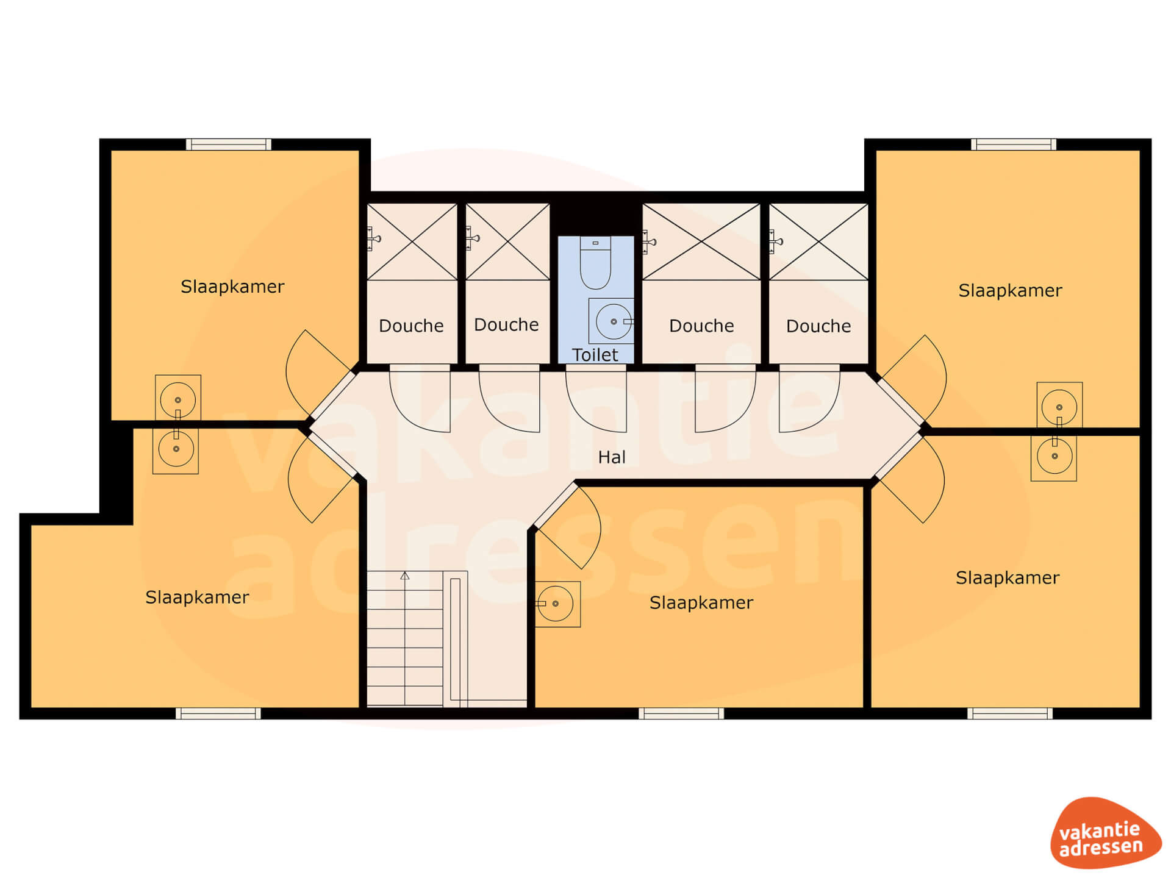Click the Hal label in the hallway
coord(612,457)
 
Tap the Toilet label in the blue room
coord(595,355)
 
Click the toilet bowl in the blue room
coord(595,263)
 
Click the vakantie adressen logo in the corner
coord(1106,833)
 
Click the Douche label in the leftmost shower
coord(411,326)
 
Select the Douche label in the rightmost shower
coord(818,326)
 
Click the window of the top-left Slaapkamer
coord(229,145)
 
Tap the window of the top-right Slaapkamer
coord(1014,145)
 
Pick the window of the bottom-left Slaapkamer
coord(218,713)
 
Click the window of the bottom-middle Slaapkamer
coord(681,713)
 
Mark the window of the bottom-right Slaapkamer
coord(1010,713)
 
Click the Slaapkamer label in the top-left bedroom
coord(232,287)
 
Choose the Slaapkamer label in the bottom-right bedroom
coord(1008,577)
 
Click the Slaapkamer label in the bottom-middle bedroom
coord(701,603)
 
